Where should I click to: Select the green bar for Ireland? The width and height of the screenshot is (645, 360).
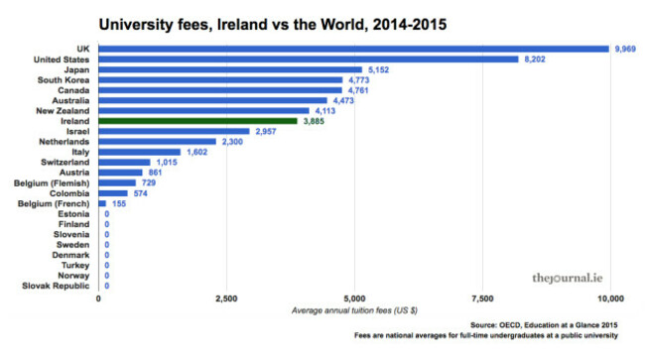tap(197, 121)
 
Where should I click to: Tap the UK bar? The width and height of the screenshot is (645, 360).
tap(353, 49)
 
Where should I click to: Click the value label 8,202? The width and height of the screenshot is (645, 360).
tap(538, 60)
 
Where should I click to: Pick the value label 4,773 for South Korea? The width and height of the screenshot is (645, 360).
tap(362, 80)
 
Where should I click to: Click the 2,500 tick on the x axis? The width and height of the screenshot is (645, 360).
tap(225, 298)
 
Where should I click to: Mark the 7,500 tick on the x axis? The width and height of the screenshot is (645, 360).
tap(482, 298)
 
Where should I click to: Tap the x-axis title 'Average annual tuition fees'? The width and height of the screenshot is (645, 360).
tap(354, 311)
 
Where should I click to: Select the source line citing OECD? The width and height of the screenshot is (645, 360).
tap(545, 325)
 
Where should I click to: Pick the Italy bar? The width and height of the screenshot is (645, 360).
tap(139, 152)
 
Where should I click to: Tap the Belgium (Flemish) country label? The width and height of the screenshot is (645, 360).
tap(53, 182)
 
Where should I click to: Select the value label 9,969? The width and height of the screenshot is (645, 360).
tap(626, 49)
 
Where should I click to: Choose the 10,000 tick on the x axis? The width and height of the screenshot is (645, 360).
tap(609, 298)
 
